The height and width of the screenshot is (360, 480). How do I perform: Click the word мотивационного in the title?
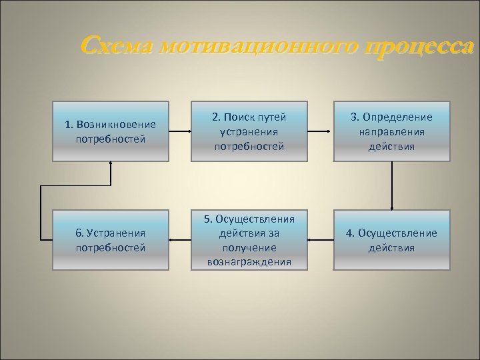click(x=259, y=47)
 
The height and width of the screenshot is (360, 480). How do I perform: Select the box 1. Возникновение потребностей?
click(x=111, y=131)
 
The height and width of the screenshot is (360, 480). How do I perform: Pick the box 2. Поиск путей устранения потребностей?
click(x=249, y=131)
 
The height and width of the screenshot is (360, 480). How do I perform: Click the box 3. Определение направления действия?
click(x=392, y=131)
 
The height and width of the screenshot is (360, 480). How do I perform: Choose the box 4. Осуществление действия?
click(x=392, y=240)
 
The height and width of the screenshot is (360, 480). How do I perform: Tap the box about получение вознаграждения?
click(x=249, y=240)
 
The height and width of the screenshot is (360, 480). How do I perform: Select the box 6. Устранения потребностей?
click(x=111, y=240)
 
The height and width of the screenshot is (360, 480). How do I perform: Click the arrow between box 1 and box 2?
click(x=180, y=131)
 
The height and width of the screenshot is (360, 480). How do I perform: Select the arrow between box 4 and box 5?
click(x=321, y=239)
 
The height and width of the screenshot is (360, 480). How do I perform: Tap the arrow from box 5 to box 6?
click(x=180, y=239)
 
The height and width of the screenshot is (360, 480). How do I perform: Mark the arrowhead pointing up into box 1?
click(x=111, y=164)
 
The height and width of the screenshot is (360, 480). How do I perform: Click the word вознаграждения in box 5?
click(x=249, y=262)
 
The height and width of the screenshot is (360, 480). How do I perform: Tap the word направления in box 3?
click(x=392, y=131)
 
